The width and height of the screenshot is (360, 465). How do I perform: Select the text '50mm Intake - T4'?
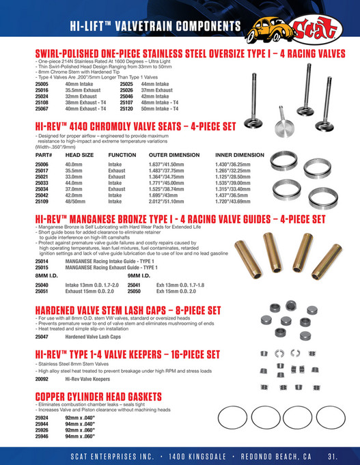[x=160, y=108]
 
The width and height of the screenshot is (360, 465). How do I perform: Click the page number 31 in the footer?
[x=333, y=455]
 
